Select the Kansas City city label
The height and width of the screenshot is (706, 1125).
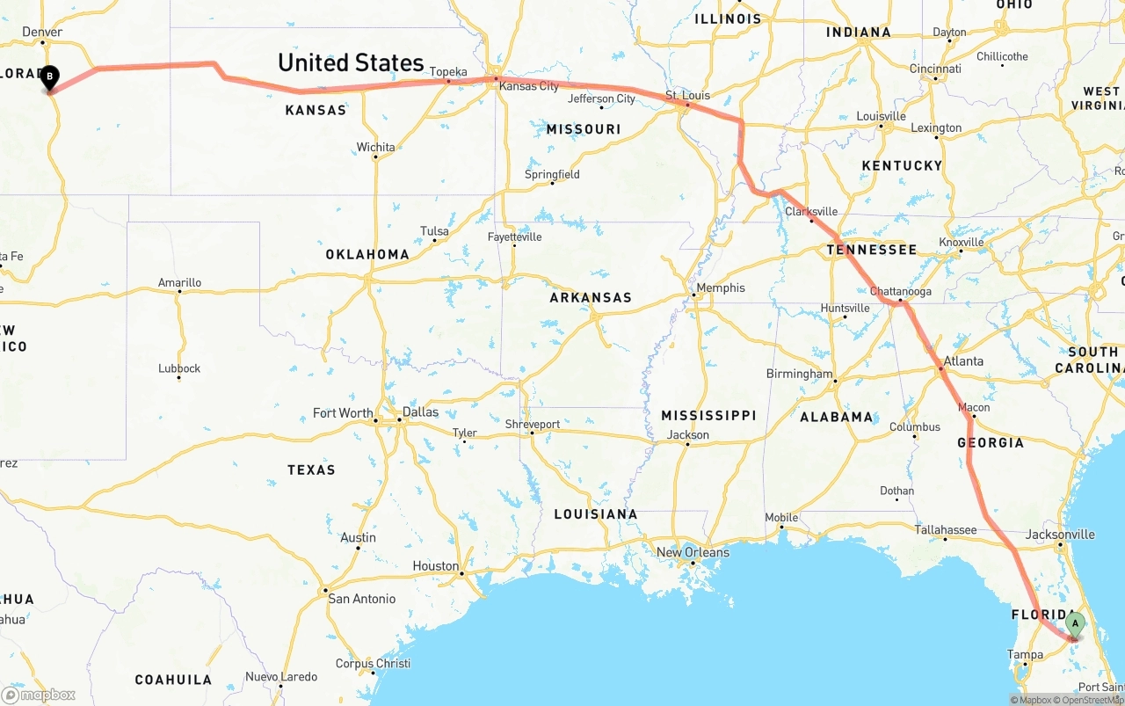tap(528, 86)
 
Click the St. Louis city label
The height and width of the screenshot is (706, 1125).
tap(687, 95)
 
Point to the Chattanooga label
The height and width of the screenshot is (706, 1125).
tap(900, 291)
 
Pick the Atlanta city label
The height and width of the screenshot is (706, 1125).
tap(963, 361)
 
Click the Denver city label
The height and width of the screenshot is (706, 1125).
tap(42, 32)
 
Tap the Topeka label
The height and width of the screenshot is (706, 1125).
tap(449, 72)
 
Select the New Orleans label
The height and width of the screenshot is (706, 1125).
tap(693, 552)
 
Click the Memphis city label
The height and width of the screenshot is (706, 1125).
tap(720, 287)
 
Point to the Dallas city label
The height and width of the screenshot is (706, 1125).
tap(420, 411)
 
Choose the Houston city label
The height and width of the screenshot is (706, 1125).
tap(435, 566)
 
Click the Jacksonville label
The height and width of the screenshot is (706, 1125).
tap(1060, 535)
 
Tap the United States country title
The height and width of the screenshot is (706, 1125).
tap(351, 62)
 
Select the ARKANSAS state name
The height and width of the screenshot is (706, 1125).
tap(591, 297)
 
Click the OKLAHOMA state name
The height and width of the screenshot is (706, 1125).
tap(367, 254)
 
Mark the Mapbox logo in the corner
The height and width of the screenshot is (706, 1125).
tap(39, 695)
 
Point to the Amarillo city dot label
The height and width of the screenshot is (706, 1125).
tap(179, 283)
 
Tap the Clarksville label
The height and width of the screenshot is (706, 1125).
tap(811, 212)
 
